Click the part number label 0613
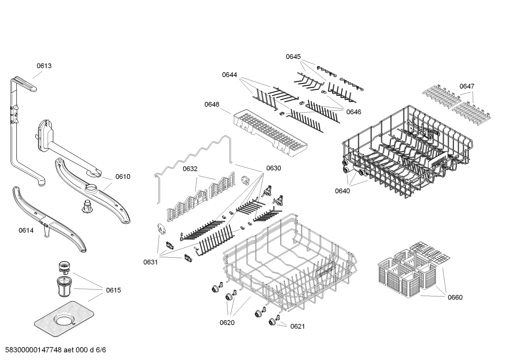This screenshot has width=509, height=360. [44, 66]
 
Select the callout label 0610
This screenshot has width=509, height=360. [123, 177]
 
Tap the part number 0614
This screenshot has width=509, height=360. [26, 231]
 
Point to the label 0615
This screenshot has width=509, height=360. [113, 290]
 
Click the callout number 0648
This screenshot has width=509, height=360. [211, 104]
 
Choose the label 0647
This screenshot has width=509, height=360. [467, 86]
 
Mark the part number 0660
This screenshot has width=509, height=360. [455, 297]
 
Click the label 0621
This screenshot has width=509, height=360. [297, 326]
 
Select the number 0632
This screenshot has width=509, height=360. [190, 169]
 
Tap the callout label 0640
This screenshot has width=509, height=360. [342, 191]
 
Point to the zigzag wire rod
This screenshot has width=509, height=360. [192, 155]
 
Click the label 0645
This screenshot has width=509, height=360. [293, 57]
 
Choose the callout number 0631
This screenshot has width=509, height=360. [150, 262]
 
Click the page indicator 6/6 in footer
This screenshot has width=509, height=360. [101, 350]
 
